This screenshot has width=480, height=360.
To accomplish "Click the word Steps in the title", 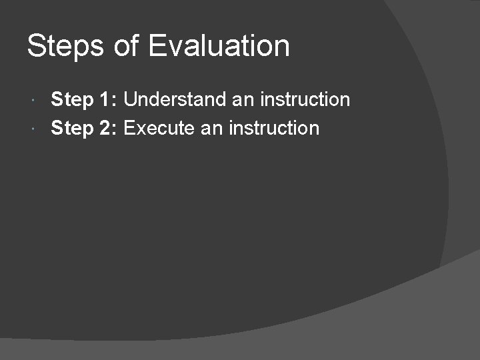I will pos(65,47).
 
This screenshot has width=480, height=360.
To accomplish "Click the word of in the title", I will pos(127,47).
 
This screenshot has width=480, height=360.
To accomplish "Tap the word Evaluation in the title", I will pos(219,47).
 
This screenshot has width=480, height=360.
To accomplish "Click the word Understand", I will pos(175,100).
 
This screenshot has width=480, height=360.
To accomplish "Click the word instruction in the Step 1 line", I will pos(305,100).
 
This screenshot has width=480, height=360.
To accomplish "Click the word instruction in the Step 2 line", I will pos(274,128).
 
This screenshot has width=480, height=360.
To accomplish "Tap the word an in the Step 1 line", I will pos(243,100).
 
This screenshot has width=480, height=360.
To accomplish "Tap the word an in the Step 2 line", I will pos(212,128).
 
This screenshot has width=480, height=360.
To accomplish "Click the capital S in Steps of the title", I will pos(36,47).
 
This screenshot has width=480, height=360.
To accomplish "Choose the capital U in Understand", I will pos(131,100).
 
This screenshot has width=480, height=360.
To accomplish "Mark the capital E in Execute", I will pos(130,128).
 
